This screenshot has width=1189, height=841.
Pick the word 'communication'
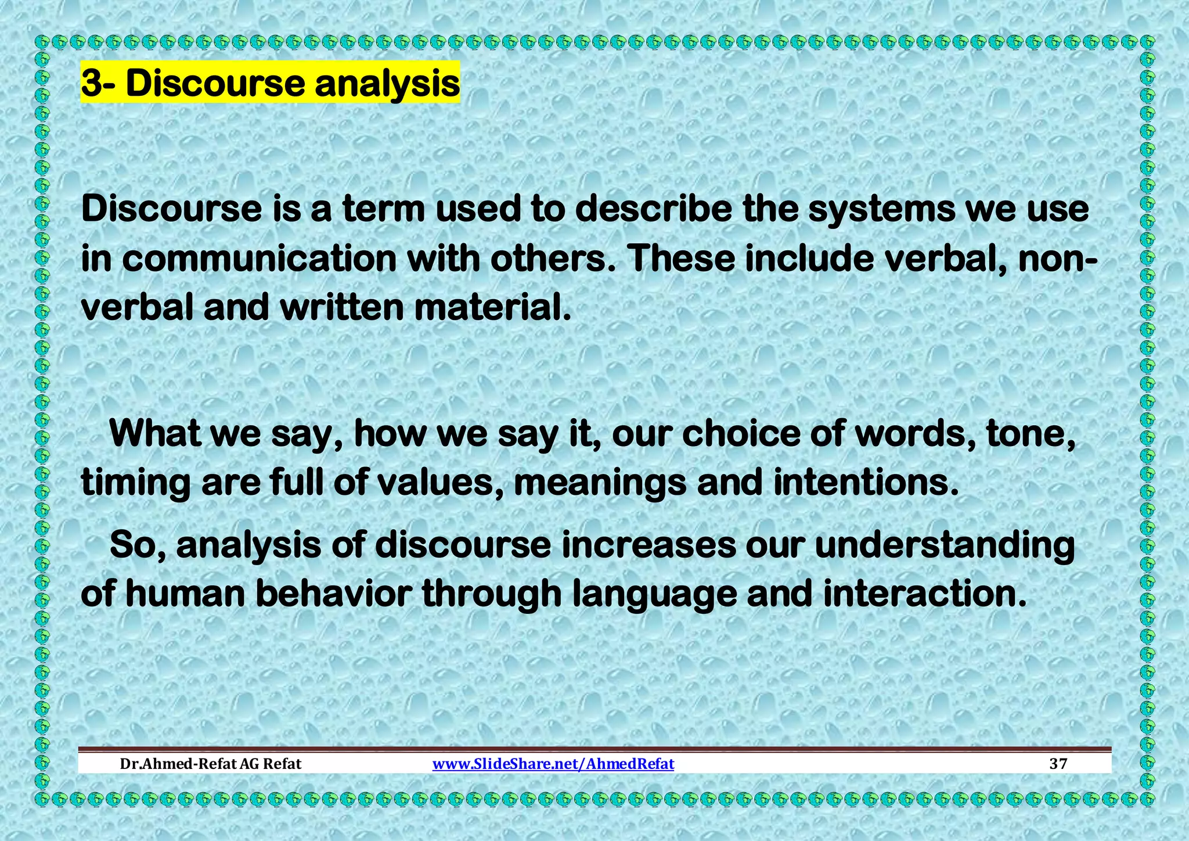(x=259, y=259)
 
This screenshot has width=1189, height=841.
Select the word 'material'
(x=488, y=308)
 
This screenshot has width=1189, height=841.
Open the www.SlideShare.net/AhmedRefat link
(x=553, y=764)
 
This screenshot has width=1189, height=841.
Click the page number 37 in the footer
(x=1058, y=764)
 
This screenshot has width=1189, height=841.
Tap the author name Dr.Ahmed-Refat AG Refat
(x=211, y=764)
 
